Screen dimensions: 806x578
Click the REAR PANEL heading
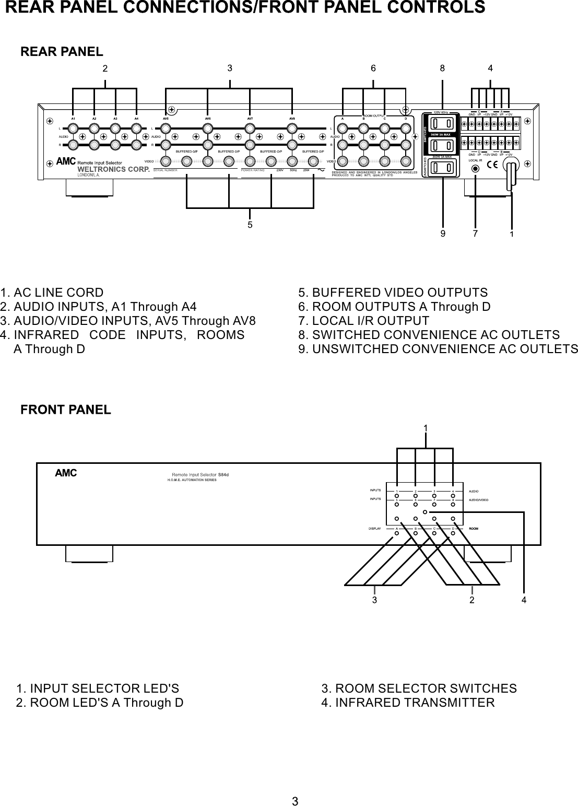[x=62, y=52]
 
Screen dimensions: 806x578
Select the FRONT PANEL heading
[x=65, y=410]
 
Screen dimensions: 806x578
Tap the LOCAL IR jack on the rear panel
[x=475, y=169]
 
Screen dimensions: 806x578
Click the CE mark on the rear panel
[x=492, y=166]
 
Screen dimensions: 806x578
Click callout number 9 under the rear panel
[x=443, y=234]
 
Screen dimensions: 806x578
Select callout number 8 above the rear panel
[x=442, y=68]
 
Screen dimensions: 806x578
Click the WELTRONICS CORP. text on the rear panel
[x=113, y=169]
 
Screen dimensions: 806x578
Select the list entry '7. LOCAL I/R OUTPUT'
[x=363, y=321]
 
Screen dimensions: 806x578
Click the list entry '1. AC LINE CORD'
[x=52, y=293]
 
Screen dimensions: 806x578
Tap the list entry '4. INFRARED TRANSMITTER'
[x=408, y=703]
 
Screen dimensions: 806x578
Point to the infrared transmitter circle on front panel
[x=426, y=512]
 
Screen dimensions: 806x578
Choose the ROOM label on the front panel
[x=474, y=529]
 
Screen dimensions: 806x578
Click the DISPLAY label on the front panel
[x=374, y=529]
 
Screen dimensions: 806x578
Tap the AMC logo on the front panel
[x=66, y=473]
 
